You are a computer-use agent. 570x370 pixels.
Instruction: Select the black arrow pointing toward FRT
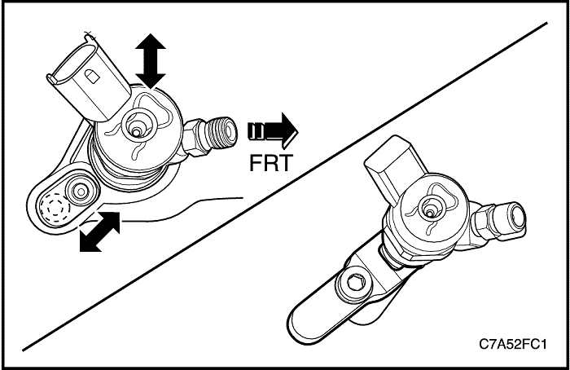[x=273, y=130]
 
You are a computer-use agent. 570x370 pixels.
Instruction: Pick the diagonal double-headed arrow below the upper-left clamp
[x=100, y=230]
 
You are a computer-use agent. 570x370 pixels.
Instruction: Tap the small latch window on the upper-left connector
[x=92, y=74]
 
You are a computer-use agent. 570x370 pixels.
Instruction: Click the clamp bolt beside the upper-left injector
[x=81, y=192]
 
